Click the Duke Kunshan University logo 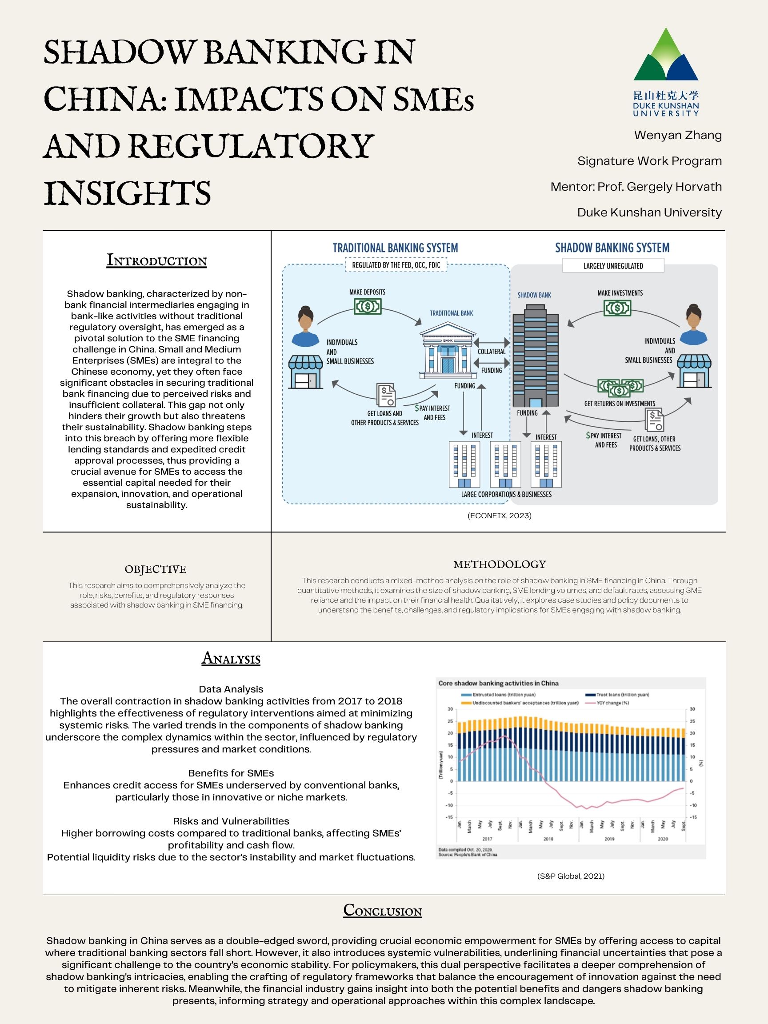coord(666,72)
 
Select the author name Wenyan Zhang coord(678,135)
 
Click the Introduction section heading coord(156,260)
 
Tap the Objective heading coord(156,569)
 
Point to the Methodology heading coord(500,564)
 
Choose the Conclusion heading coord(382,910)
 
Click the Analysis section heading coord(231,658)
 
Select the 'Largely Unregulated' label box coord(613,266)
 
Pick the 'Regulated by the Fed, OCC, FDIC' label coord(396,265)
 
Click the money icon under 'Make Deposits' coord(368,306)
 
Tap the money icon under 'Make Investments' coord(617,308)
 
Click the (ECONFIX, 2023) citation coord(499,515)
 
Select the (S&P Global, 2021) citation coord(571,876)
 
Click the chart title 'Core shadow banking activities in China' coord(498,683)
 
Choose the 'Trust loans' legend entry coord(622,694)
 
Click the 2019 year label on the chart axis coord(609,838)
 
